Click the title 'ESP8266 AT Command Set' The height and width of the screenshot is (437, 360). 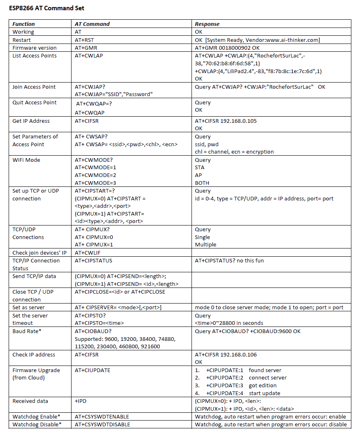[x=47, y=8]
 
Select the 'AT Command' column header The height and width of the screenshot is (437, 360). [x=92, y=24]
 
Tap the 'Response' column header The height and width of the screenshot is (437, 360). [x=207, y=24]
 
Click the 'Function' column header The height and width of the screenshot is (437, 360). [x=24, y=24]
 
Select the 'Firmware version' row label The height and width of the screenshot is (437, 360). [x=35, y=48]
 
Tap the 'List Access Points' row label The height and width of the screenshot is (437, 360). [x=35, y=55]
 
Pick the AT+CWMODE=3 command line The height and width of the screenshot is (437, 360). [x=95, y=183]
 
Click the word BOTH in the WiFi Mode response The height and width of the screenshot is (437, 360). [x=202, y=183]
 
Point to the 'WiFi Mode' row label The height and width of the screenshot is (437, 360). [x=27, y=160]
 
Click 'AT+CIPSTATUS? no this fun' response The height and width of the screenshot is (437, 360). [x=229, y=260]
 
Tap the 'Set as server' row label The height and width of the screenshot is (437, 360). [x=28, y=307]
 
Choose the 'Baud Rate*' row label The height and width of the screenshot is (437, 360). [x=27, y=331]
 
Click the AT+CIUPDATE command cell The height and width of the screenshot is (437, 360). [x=92, y=370]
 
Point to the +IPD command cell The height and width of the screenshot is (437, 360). [x=81, y=401]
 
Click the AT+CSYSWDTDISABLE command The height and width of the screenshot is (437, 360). [x=102, y=424]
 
